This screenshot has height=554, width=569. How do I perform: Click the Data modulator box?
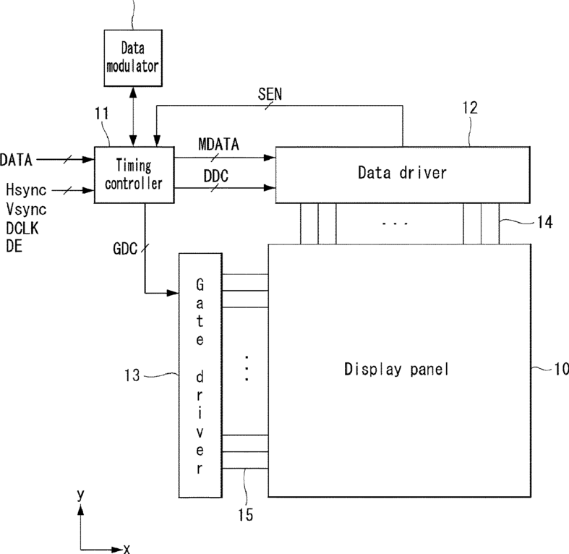(133, 58)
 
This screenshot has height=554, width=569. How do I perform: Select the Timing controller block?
(134, 175)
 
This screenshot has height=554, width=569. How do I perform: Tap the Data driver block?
(403, 175)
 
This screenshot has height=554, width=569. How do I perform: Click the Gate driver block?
(200, 375)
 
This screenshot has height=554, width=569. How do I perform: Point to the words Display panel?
(396, 369)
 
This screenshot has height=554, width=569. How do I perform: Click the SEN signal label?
(270, 95)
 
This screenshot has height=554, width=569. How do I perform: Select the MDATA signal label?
(218, 144)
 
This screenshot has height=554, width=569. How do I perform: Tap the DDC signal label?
(216, 176)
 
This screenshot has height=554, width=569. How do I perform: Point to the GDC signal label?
(125, 249)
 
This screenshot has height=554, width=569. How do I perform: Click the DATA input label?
(16, 160)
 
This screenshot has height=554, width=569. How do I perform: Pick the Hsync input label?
(26, 190)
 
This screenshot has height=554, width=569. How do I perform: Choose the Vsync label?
(26, 210)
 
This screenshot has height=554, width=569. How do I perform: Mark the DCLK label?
(22, 229)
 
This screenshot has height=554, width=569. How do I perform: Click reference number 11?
(102, 114)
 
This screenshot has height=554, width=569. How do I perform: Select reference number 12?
(470, 108)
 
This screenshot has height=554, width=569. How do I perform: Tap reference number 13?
(132, 375)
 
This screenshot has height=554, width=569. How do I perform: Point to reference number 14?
(545, 222)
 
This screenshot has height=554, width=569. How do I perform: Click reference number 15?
(246, 514)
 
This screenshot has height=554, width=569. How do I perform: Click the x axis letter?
(127, 549)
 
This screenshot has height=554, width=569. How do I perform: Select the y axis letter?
(80, 495)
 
